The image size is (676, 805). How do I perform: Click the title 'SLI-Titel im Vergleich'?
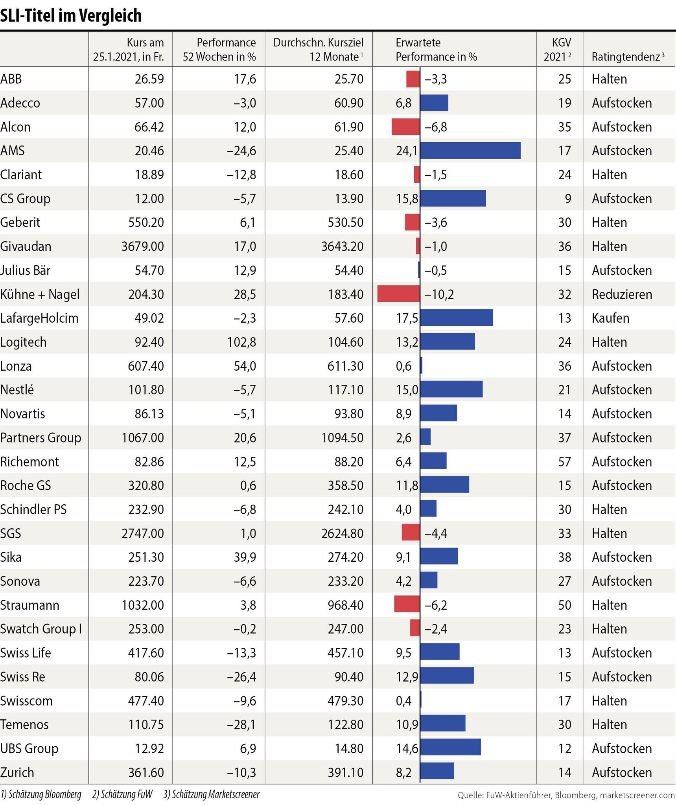pyautogui.click(x=71, y=16)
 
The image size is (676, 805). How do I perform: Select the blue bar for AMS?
pyautogui.click(x=470, y=151)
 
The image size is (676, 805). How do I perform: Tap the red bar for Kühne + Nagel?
pyautogui.click(x=398, y=294)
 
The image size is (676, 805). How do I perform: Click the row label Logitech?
pyautogui.click(x=24, y=342)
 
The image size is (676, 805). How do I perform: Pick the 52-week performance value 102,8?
pyautogui.click(x=241, y=342)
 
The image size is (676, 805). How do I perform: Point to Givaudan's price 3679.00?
pyautogui.click(x=143, y=246)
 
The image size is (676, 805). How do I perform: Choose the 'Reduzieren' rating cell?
pyautogui.click(x=622, y=294)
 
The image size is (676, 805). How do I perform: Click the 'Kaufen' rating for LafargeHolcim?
pyautogui.click(x=610, y=318)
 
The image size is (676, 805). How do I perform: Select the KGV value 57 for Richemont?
pyautogui.click(x=564, y=461)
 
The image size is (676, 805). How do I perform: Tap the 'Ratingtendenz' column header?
pyautogui.click(x=628, y=57)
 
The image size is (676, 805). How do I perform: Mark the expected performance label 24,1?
pyautogui.click(x=407, y=151)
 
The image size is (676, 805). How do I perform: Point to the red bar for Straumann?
pyautogui.click(x=407, y=605)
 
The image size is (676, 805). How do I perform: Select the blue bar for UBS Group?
pyautogui.click(x=450, y=748)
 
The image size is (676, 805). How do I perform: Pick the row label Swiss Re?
pyautogui.click(x=23, y=677)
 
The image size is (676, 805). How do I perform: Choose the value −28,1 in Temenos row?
pyautogui.click(x=241, y=724)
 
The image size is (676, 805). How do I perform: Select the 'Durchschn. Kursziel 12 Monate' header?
pyautogui.click(x=319, y=50)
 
